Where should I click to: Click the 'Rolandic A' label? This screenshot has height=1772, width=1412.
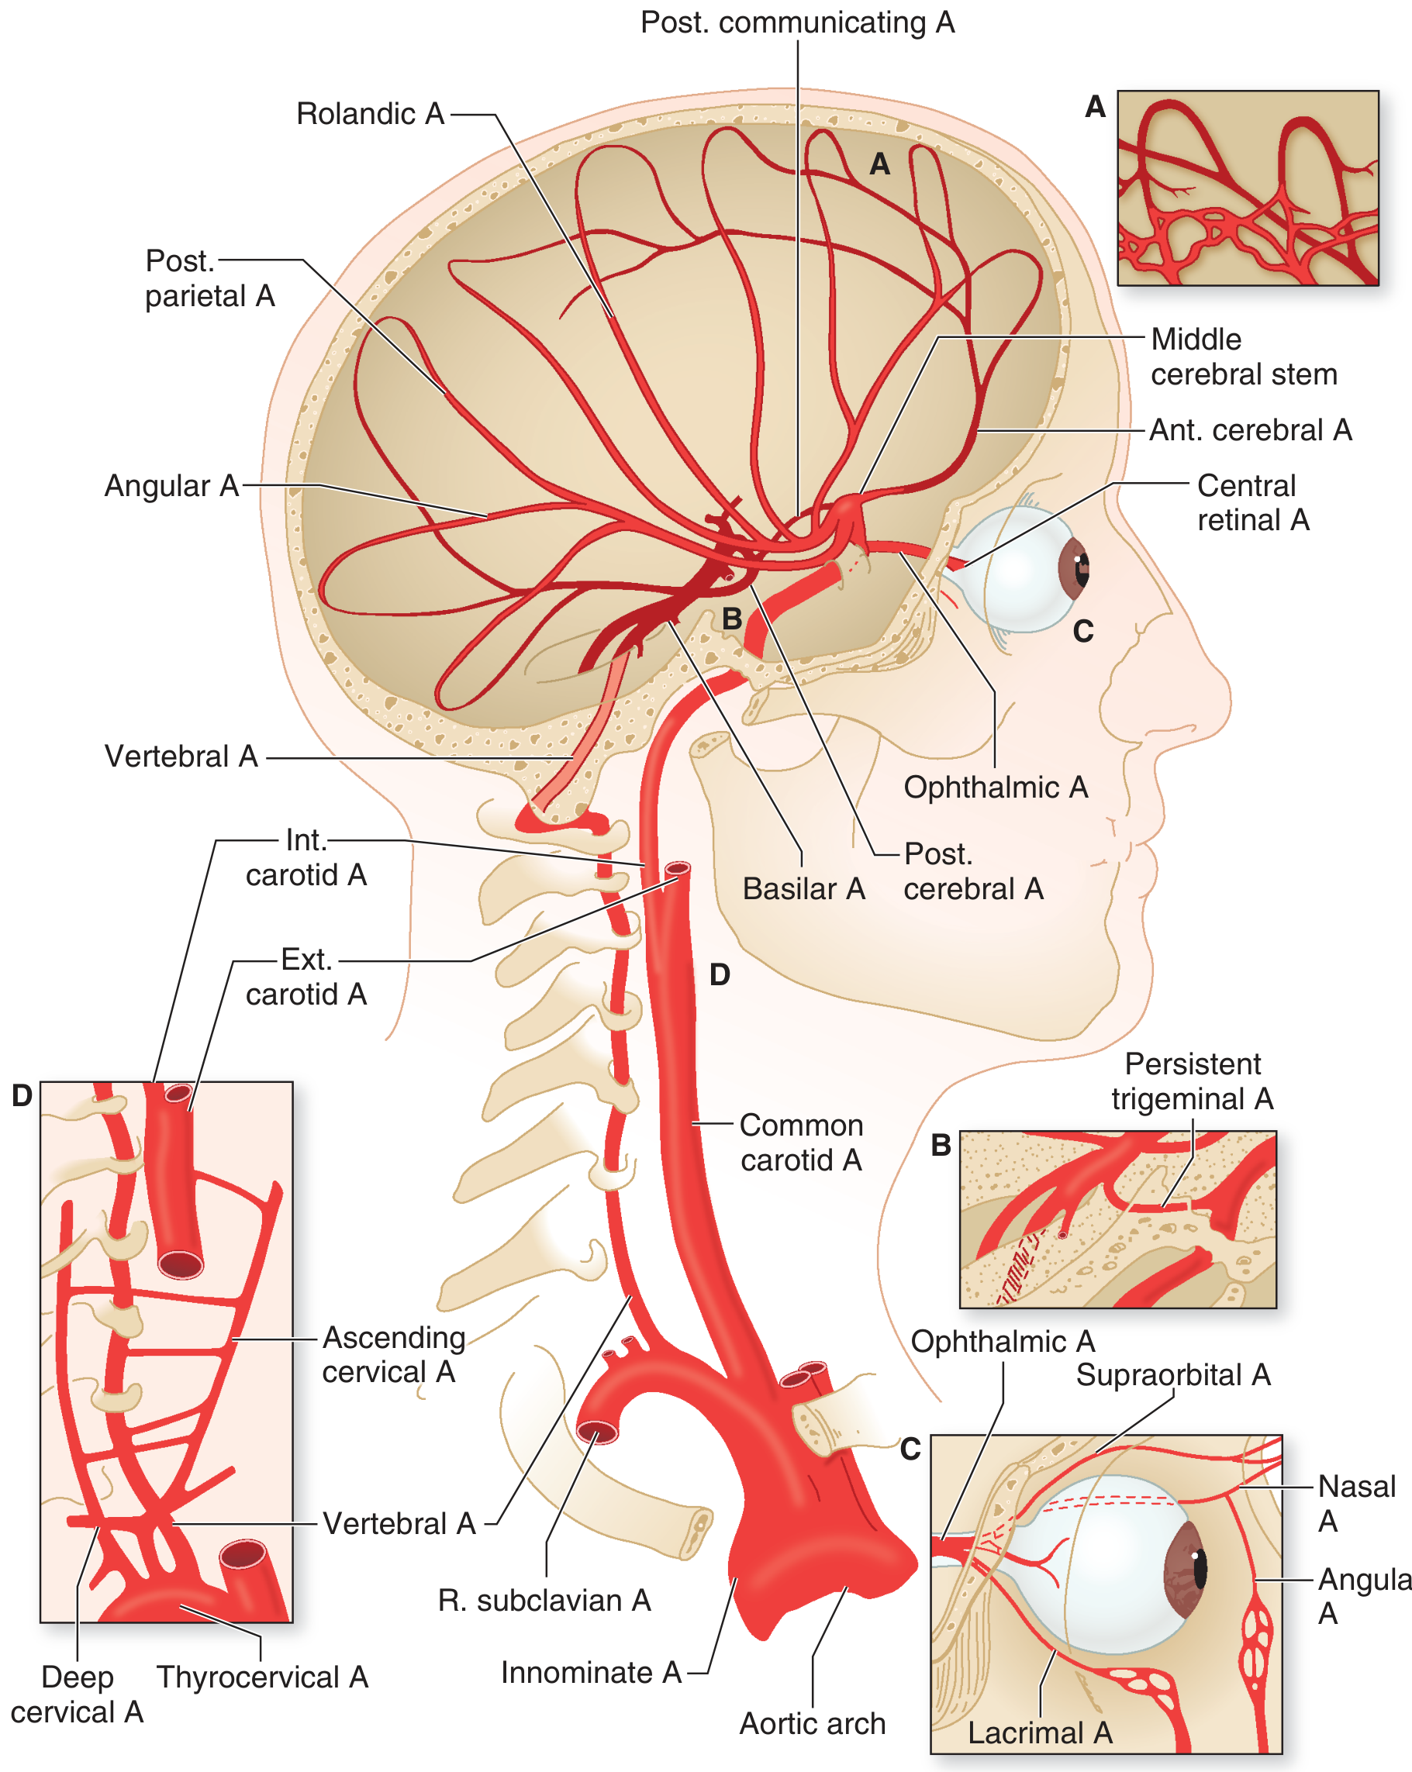coord(370,113)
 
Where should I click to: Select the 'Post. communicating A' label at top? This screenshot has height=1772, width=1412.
coord(798,22)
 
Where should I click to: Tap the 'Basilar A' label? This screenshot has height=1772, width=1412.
coord(803,888)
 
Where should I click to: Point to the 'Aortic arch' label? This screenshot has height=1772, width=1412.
coord(813,1723)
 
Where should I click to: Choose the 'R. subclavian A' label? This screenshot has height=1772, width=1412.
coord(544,1600)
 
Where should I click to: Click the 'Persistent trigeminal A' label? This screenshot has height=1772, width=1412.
coord(1193,1081)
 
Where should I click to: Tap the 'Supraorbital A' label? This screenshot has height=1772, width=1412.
coord(1173,1374)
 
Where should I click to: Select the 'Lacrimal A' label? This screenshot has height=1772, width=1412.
coord(1040,1732)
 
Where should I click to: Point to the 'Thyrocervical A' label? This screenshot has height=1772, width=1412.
coord(262,1677)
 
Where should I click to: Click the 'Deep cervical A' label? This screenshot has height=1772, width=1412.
coord(77,1694)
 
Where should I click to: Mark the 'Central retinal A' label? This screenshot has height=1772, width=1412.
coord(1253,502)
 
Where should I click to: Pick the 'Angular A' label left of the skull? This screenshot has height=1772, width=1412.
coord(171,486)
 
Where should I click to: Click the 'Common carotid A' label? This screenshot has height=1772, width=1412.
coord(801,1143)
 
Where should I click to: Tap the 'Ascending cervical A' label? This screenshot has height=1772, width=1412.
coord(393,1354)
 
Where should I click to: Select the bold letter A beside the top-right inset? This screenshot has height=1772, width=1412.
coord(1096,107)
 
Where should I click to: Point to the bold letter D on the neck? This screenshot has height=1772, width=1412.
coord(720,975)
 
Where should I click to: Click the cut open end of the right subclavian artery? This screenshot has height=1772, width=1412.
coord(598,1432)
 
